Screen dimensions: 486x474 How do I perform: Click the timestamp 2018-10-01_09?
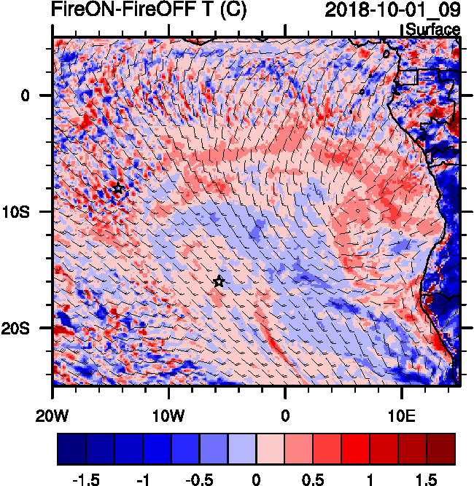click(392, 10)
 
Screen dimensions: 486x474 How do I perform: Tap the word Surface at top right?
click(432, 30)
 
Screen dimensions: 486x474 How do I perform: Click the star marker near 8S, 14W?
click(118, 189)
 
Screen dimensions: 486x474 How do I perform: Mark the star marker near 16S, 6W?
click(219, 281)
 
